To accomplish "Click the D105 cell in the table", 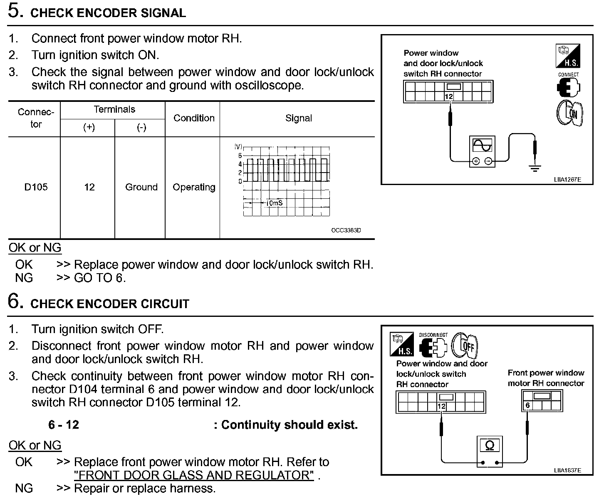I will (x=36, y=187).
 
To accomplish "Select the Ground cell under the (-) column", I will (x=141, y=187).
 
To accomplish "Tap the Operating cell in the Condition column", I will (x=194, y=187).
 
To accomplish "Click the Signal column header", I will (x=298, y=118).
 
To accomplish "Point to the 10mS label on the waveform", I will (x=274, y=203).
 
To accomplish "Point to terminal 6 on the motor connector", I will (x=527, y=405).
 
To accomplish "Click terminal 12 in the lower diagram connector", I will (x=441, y=406).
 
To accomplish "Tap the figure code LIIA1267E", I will (x=567, y=180).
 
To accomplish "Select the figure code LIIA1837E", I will (x=567, y=470).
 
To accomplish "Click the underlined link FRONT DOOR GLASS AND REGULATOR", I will (x=194, y=475).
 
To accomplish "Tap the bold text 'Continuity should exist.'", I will (x=290, y=425).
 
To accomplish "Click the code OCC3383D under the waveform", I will (x=346, y=230).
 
